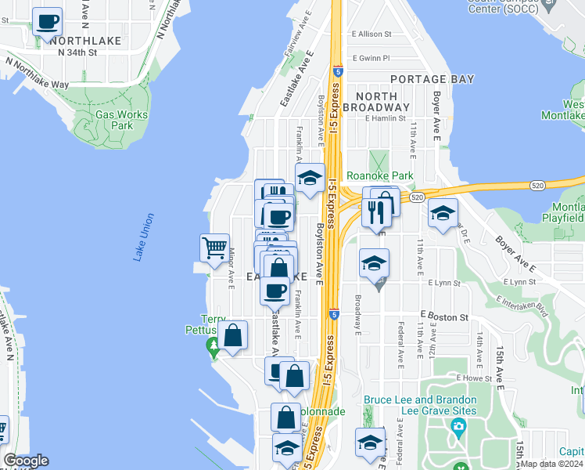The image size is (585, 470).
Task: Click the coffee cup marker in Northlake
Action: [48, 23]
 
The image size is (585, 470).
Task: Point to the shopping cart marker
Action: [214, 249]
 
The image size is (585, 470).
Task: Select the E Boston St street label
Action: [443, 317]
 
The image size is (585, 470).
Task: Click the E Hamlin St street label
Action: [386, 119]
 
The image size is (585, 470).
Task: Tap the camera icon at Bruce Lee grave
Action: [458, 426]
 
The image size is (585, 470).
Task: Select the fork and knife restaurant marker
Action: [376, 211]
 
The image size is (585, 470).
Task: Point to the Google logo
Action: [26, 461]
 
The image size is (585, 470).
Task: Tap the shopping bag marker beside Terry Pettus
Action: [232, 336]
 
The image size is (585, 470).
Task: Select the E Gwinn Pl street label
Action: [371, 58]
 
